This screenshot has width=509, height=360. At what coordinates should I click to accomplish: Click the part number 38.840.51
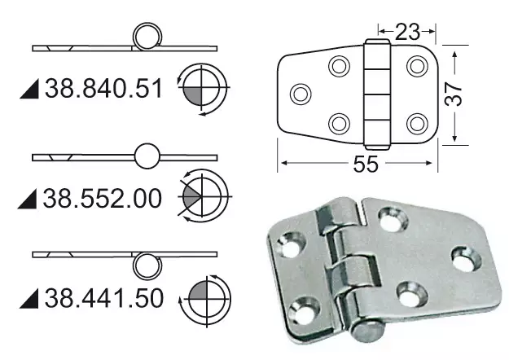tap(105, 88)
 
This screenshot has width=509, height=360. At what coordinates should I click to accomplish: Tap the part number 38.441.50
tap(105, 298)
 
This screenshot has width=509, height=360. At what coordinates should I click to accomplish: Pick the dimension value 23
tap(408, 32)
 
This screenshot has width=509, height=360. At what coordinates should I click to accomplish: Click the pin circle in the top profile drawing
tap(147, 37)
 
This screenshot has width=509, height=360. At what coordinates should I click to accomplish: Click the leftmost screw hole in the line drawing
tap(300, 94)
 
